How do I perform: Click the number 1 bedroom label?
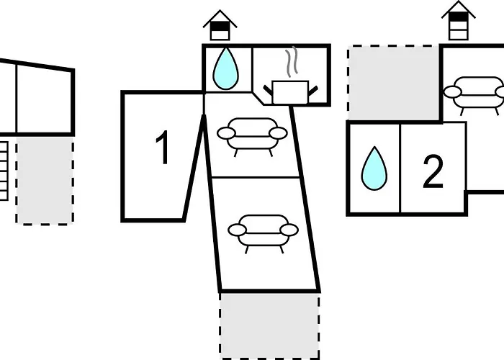[x=163, y=148]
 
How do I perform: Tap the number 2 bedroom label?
[x=433, y=171]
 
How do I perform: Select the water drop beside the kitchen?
[x=226, y=68]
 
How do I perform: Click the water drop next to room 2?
[x=374, y=168]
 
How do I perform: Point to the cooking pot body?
[x=290, y=92]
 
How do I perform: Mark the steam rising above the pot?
[x=292, y=62]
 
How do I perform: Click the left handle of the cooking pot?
[x=268, y=90]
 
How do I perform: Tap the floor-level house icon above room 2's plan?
[x=459, y=20]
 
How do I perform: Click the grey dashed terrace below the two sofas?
[x=269, y=326]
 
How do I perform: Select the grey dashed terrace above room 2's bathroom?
[x=393, y=83]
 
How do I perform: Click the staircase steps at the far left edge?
[x=4, y=171]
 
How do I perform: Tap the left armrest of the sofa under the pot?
[x=226, y=133]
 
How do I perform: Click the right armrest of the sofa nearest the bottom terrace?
[x=289, y=230]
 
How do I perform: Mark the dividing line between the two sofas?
[x=255, y=177]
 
